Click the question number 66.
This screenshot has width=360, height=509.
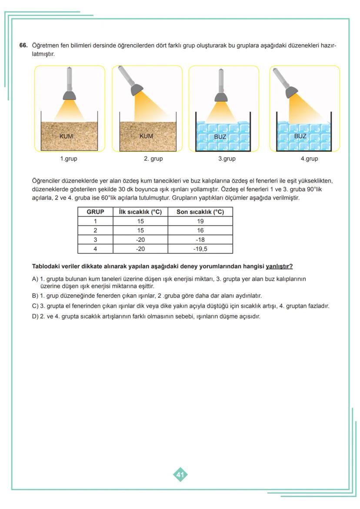point(23,45)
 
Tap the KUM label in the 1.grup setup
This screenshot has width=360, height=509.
point(66,136)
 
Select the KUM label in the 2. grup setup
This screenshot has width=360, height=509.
point(146,136)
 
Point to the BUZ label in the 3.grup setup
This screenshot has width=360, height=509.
point(220,136)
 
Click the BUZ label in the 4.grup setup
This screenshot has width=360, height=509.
point(300,136)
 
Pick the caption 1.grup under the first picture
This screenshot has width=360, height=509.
point(69,159)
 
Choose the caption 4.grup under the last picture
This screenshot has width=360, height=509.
point(309,159)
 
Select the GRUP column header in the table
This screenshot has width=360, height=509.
point(95,212)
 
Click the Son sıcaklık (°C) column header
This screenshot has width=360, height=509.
point(200,212)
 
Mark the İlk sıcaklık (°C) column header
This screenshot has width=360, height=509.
point(140,212)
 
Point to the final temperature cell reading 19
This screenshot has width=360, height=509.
point(200,221)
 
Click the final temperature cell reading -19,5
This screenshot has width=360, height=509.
point(200,249)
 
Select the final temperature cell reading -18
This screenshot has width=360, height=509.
point(200,240)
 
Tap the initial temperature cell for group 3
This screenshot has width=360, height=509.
point(140,240)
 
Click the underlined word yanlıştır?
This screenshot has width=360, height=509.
point(279,266)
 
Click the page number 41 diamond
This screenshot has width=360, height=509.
point(180,475)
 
